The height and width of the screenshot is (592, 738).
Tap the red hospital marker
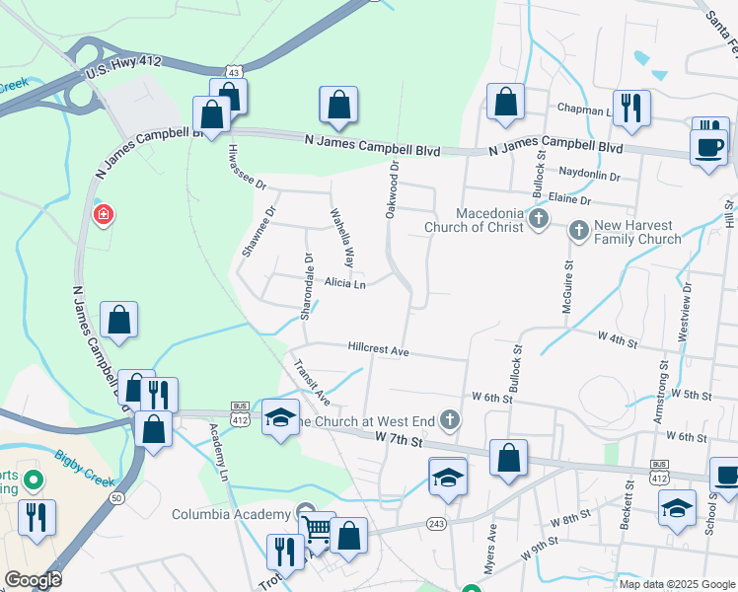pyautogui.click(x=103, y=214)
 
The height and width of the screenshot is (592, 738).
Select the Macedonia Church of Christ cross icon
pyautogui.click(x=539, y=217)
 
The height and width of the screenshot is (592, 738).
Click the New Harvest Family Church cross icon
pyautogui.click(x=579, y=230)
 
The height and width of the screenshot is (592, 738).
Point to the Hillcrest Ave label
pyautogui.click(x=378, y=349)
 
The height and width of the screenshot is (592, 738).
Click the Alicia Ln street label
pyautogui.click(x=345, y=284)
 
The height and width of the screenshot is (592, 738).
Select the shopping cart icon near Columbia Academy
pyautogui.click(x=317, y=531)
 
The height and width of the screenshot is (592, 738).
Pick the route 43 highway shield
pyautogui.click(x=232, y=72)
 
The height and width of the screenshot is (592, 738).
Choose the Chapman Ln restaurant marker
pyautogui.click(x=631, y=108)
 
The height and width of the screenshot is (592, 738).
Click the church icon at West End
pyautogui.click(x=450, y=420)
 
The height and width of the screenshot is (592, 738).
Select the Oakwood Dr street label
pyautogui.click(x=393, y=189)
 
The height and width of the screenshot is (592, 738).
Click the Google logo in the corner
pyautogui.click(x=33, y=580)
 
